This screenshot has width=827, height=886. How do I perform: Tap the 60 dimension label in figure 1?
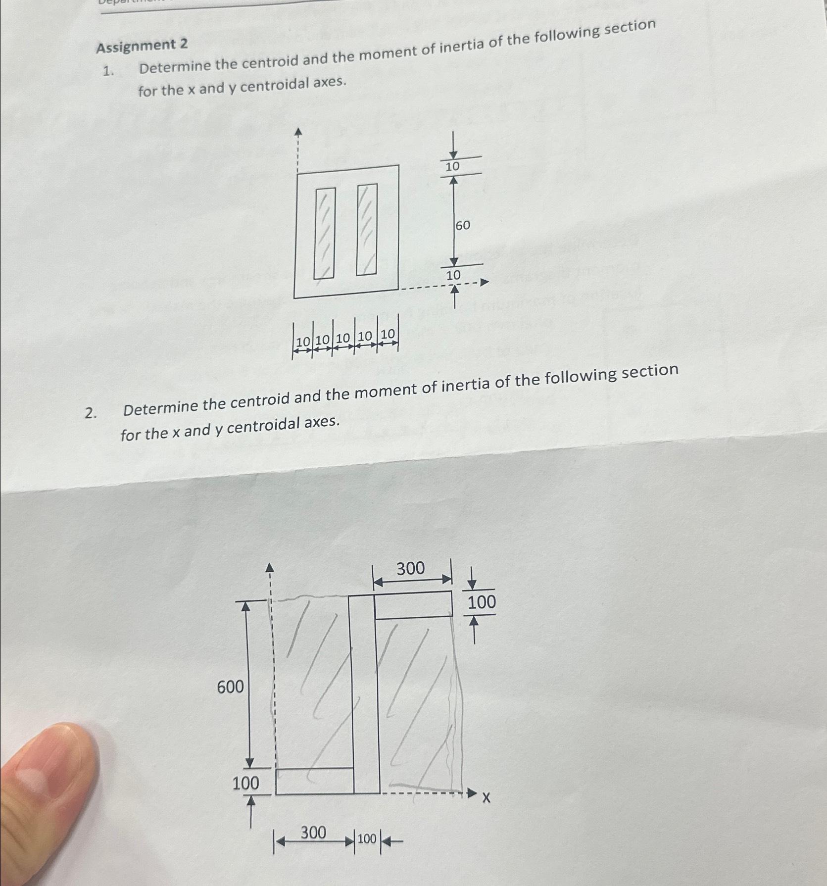(462, 226)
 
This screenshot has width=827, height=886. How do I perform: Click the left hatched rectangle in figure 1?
(325, 233)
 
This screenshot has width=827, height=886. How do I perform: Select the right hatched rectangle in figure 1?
(367, 229)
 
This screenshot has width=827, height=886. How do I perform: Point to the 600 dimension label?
(230, 687)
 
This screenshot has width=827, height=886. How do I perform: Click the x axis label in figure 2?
(486, 798)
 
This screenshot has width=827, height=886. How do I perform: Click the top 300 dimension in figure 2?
(410, 569)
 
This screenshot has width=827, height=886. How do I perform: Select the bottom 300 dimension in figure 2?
(313, 833)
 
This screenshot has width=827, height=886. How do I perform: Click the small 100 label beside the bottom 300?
(367, 839)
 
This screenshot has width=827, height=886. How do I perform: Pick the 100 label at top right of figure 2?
(481, 602)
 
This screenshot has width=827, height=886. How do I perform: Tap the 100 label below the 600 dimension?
(245, 784)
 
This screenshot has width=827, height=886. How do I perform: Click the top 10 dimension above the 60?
(452, 167)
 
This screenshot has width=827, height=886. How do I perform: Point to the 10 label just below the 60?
(453, 275)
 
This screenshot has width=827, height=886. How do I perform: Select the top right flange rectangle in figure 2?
(413, 605)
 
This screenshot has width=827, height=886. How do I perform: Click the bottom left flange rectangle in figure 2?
(314, 782)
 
